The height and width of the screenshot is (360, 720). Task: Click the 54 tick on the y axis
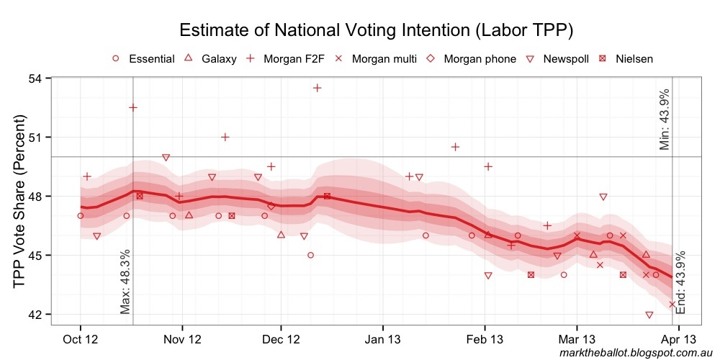(x=35, y=78)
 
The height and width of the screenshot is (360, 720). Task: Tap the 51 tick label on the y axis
(x=35, y=137)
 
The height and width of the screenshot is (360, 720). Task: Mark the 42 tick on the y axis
(x=35, y=315)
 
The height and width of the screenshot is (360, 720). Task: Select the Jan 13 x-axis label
(x=383, y=338)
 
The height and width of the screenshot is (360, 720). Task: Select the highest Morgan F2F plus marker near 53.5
(x=317, y=88)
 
